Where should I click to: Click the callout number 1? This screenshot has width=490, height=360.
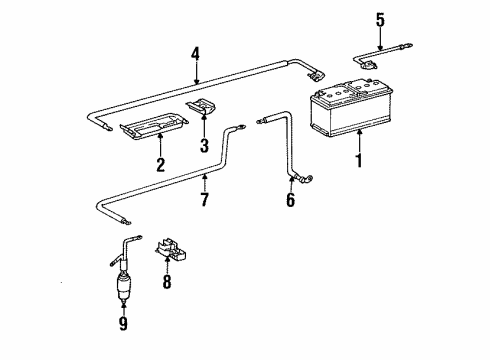tap(359, 160)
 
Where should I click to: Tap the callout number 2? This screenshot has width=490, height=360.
tap(161, 165)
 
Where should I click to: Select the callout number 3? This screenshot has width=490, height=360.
tap(204, 145)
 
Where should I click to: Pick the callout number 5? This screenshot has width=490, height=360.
tap(380, 20)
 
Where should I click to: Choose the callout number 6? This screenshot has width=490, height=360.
tap(291, 200)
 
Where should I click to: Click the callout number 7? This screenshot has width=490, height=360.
tap(204, 199)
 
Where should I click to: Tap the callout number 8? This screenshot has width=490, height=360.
tap(167, 281)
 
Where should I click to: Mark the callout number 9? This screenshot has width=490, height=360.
tap(123, 323)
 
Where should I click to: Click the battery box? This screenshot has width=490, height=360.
tap(352, 108)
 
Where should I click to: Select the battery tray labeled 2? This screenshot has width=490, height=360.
tap(153, 126)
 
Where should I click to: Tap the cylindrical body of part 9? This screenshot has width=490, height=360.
tap(124, 286)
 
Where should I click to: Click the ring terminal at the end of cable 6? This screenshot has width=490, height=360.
tap(309, 179)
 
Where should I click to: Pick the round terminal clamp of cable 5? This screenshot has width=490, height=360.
tap(368, 65)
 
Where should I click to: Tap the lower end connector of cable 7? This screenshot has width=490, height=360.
tap(127, 221)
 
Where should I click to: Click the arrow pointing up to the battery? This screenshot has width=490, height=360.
tap(359, 142)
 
